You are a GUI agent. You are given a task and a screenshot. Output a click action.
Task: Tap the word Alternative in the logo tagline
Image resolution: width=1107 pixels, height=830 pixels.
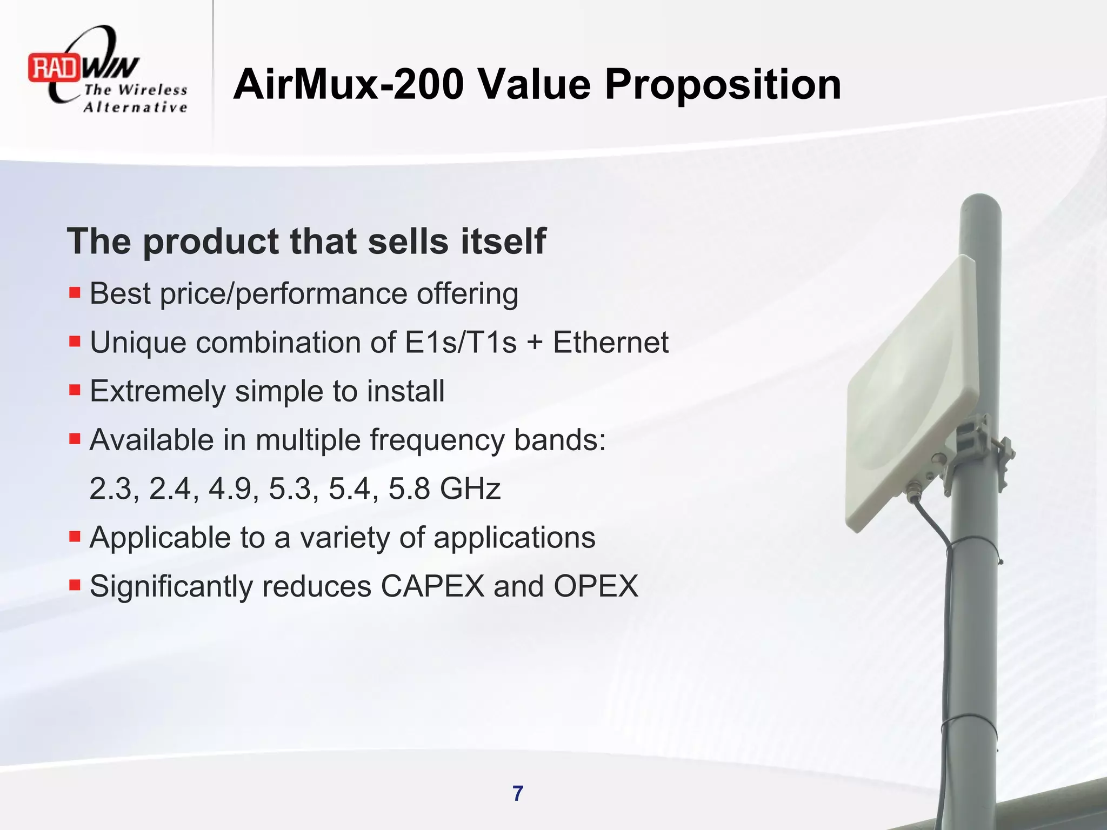point(135,107)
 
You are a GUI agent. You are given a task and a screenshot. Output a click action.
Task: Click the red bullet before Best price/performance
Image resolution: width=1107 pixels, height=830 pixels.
point(75,293)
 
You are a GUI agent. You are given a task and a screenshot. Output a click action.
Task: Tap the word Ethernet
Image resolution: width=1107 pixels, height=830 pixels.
point(610,342)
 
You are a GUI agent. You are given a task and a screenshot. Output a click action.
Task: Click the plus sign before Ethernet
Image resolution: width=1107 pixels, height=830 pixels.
point(535,343)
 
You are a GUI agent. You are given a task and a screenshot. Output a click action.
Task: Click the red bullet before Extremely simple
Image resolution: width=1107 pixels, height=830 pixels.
point(75,390)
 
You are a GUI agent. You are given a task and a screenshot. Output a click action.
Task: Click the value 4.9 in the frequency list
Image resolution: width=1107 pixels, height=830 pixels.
point(230,488)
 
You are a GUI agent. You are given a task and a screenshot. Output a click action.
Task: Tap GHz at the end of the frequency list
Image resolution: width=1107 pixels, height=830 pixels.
point(470,488)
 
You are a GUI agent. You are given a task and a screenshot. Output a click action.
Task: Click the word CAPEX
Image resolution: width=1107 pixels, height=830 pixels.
point(432,586)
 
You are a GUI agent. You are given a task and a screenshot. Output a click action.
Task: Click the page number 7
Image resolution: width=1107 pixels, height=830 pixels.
point(518,794)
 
